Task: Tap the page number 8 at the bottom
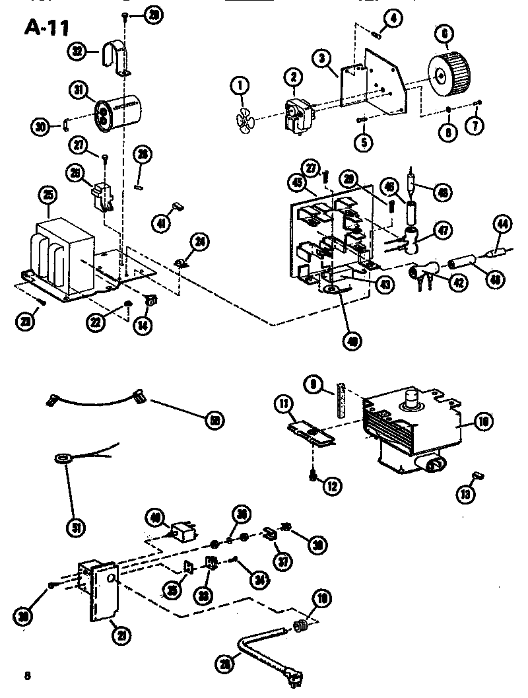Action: (x=27, y=675)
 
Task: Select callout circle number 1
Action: (x=240, y=85)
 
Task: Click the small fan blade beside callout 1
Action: (x=244, y=120)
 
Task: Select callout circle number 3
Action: (x=321, y=59)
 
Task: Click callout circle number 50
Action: (x=213, y=419)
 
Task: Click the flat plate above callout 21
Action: (x=103, y=591)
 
